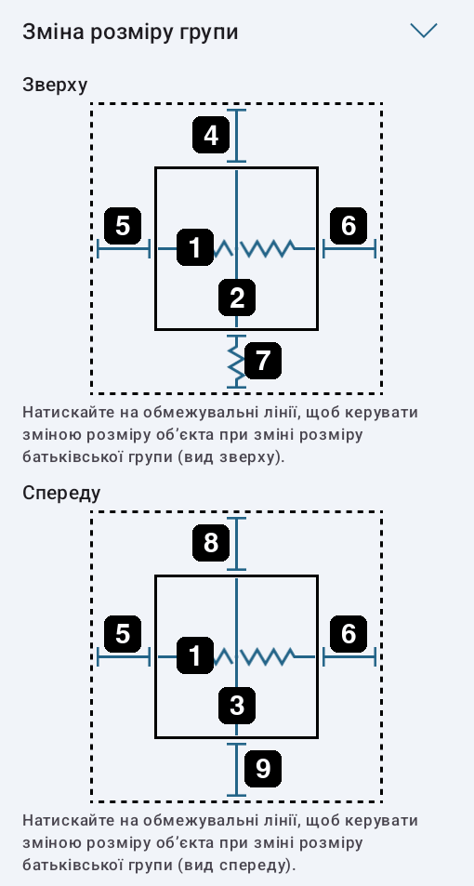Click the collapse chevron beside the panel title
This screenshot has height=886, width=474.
424,31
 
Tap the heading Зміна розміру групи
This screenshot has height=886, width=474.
130,32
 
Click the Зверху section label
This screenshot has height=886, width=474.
55,85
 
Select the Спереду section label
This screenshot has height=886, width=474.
61,493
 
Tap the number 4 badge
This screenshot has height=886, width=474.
211,135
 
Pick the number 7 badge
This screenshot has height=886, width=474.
263,360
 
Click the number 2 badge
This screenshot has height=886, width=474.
237,298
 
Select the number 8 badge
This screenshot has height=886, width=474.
211,543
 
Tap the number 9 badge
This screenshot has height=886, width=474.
263,769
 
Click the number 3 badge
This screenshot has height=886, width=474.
237,706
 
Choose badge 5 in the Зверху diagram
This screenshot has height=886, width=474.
123,226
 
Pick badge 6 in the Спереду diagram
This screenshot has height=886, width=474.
349,633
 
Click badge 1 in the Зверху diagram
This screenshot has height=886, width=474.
195,247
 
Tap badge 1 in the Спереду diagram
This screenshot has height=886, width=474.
195,655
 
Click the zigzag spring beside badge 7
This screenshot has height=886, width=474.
236,362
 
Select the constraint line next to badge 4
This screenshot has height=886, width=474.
236,136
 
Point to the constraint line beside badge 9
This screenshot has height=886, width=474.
236,770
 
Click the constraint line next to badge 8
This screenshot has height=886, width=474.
236,544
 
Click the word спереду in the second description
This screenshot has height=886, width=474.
251,866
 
